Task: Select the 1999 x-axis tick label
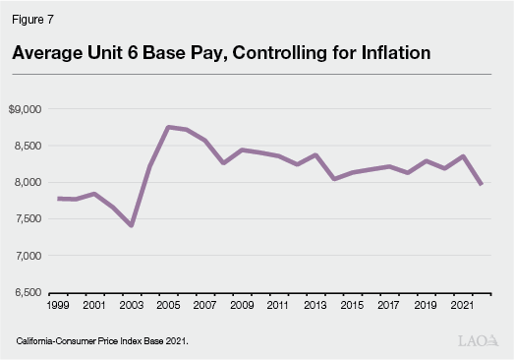point(59,305)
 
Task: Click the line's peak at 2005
point(168,127)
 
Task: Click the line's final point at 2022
point(481,184)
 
